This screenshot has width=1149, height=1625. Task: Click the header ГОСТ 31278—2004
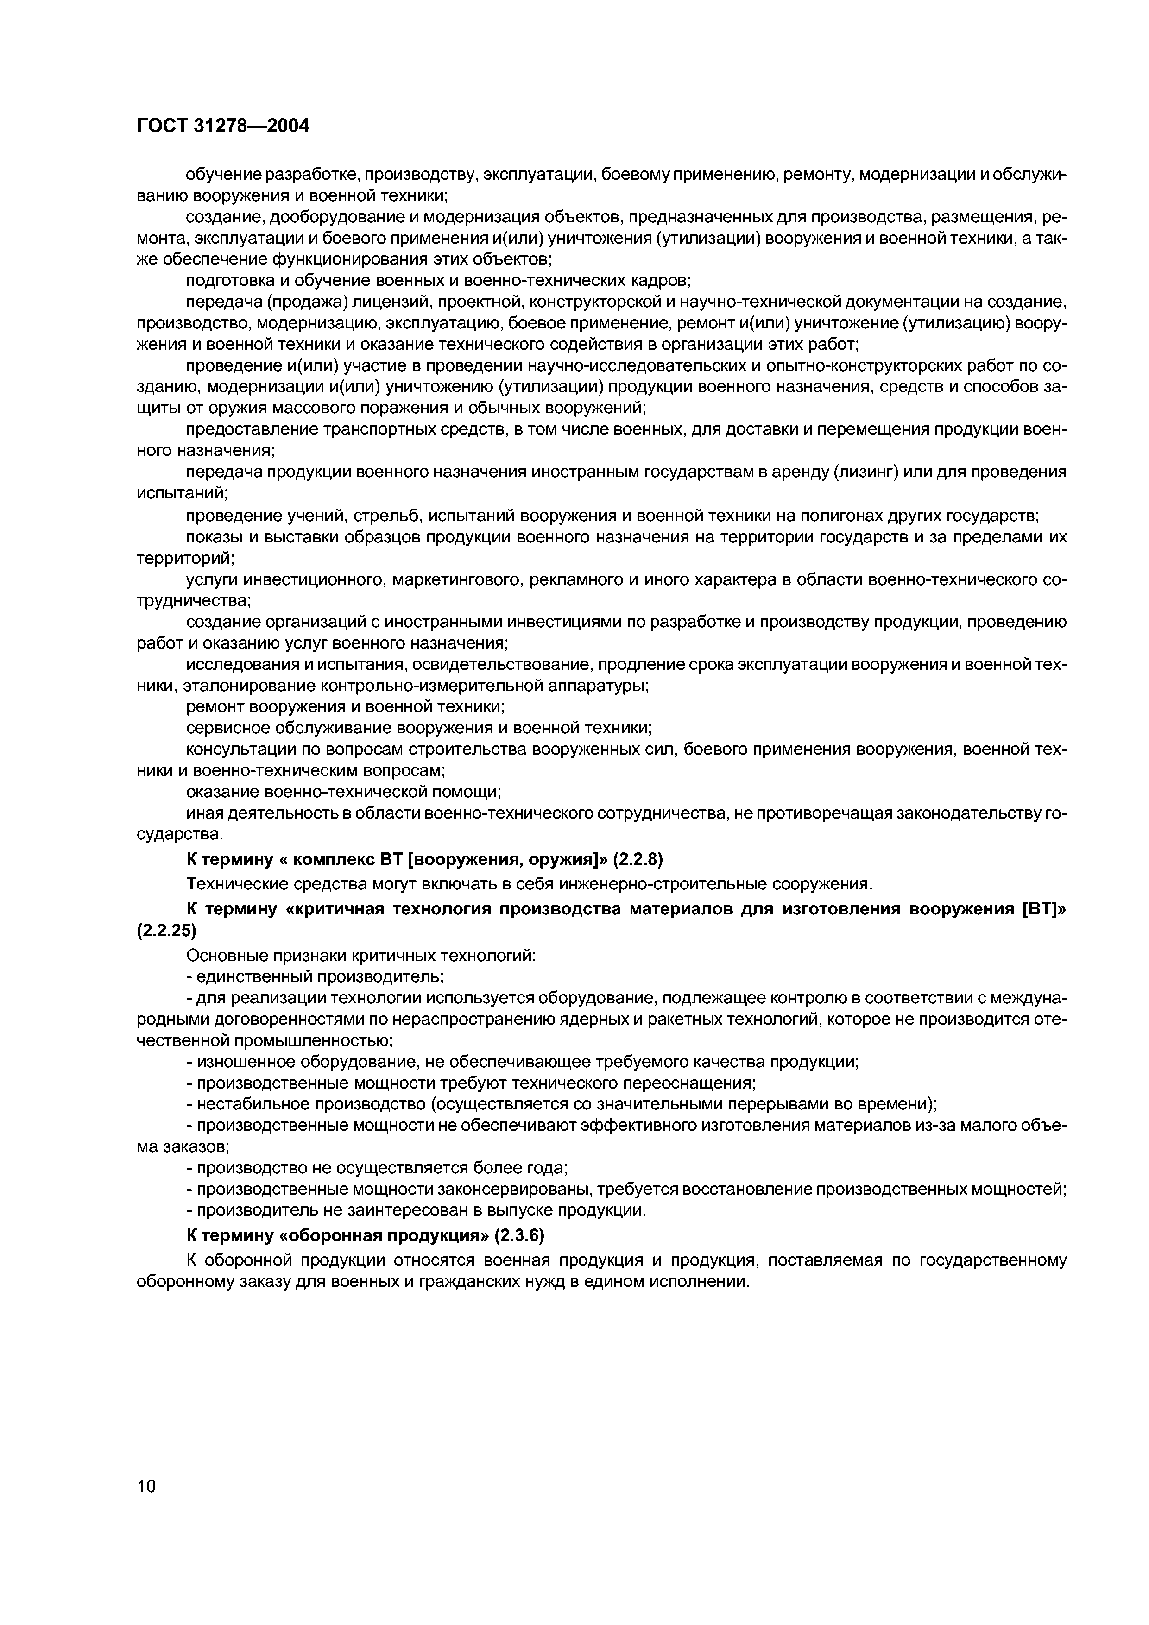[x=222, y=126]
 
